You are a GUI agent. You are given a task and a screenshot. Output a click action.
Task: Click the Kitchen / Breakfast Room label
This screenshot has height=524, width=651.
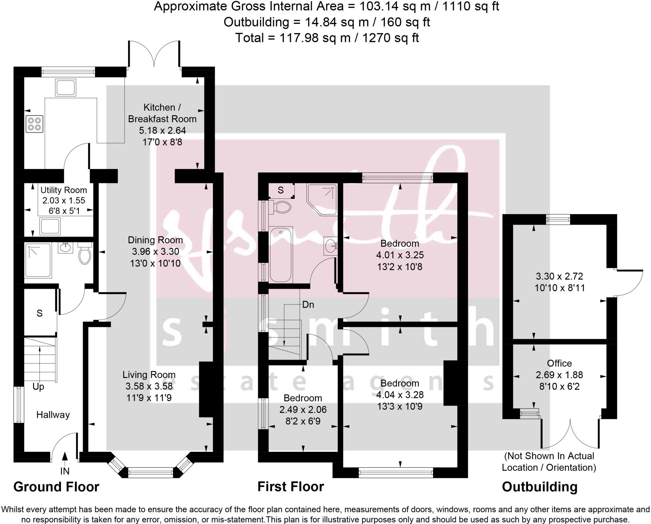tap(162, 113)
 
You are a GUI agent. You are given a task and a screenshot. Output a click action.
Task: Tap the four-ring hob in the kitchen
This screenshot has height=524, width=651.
tap(34, 124)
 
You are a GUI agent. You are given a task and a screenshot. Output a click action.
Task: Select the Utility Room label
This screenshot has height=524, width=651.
tap(64, 190)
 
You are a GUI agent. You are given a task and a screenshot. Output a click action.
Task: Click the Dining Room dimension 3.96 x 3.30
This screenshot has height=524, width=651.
tap(155, 252)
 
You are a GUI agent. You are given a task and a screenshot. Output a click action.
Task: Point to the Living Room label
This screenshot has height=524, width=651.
tap(149, 375)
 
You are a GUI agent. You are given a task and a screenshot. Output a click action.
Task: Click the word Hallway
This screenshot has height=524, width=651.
tap(53, 415)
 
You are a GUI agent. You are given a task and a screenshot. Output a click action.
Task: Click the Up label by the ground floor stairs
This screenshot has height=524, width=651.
tap(38, 387)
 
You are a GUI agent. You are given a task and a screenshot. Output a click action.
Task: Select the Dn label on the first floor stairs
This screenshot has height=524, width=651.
tap(308, 305)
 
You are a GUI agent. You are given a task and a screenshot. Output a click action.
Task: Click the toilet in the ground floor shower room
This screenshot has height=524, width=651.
tap(84, 254)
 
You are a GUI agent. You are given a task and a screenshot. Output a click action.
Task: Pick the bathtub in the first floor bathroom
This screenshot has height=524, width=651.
tap(281, 254)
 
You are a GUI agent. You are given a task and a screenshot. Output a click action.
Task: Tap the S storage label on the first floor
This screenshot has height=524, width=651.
tap(280, 190)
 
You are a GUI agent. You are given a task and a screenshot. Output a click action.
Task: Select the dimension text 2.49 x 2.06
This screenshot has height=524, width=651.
tap(303, 410)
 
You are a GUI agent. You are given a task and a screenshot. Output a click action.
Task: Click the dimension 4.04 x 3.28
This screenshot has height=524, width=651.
tap(400, 395)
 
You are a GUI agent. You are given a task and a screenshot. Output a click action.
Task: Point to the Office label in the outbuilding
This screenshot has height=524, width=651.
tap(559, 363)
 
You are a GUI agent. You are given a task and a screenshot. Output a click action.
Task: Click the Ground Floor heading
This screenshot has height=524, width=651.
tap(56, 487)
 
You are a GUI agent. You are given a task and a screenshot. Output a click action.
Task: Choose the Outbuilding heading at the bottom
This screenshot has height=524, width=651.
tap(539, 487)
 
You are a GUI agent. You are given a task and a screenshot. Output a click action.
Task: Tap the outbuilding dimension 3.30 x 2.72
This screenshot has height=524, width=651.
tap(559, 276)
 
